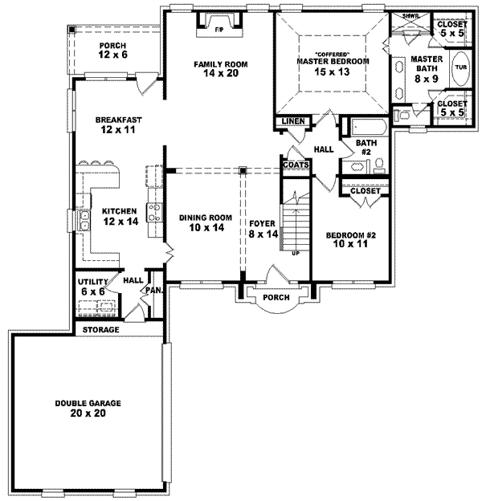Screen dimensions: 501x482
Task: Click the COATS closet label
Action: click(292, 165)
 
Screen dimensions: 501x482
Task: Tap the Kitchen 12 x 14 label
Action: click(118, 217)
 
